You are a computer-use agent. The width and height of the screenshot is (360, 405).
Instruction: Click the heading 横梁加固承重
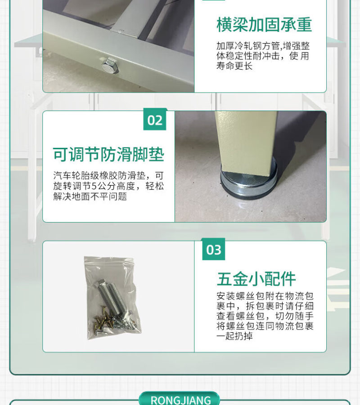[x=264, y=25]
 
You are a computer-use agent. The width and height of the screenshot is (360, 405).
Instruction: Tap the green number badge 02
[x=155, y=120]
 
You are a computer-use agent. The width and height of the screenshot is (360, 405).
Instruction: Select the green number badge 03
[x=214, y=250]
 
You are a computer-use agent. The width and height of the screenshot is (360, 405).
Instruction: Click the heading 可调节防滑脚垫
[x=108, y=155]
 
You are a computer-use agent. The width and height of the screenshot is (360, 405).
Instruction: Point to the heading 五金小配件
[x=256, y=279]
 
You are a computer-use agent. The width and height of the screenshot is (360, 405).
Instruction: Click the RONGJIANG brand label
[x=180, y=400]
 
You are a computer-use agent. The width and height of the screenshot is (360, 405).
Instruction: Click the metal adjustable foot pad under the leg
[x=249, y=184]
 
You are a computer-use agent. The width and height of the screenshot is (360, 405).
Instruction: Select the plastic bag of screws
[x=112, y=298]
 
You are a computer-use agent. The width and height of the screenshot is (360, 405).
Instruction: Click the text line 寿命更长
[x=234, y=66]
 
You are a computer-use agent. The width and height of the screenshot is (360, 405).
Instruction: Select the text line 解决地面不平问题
[x=90, y=196]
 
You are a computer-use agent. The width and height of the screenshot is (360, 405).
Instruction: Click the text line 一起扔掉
[x=234, y=336]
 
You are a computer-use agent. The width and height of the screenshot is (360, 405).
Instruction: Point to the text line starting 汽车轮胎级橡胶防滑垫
[x=108, y=176]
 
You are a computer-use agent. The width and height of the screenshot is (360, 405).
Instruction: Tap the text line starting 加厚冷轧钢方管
[x=263, y=46]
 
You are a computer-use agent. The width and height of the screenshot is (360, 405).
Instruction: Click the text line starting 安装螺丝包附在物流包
[x=265, y=296]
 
